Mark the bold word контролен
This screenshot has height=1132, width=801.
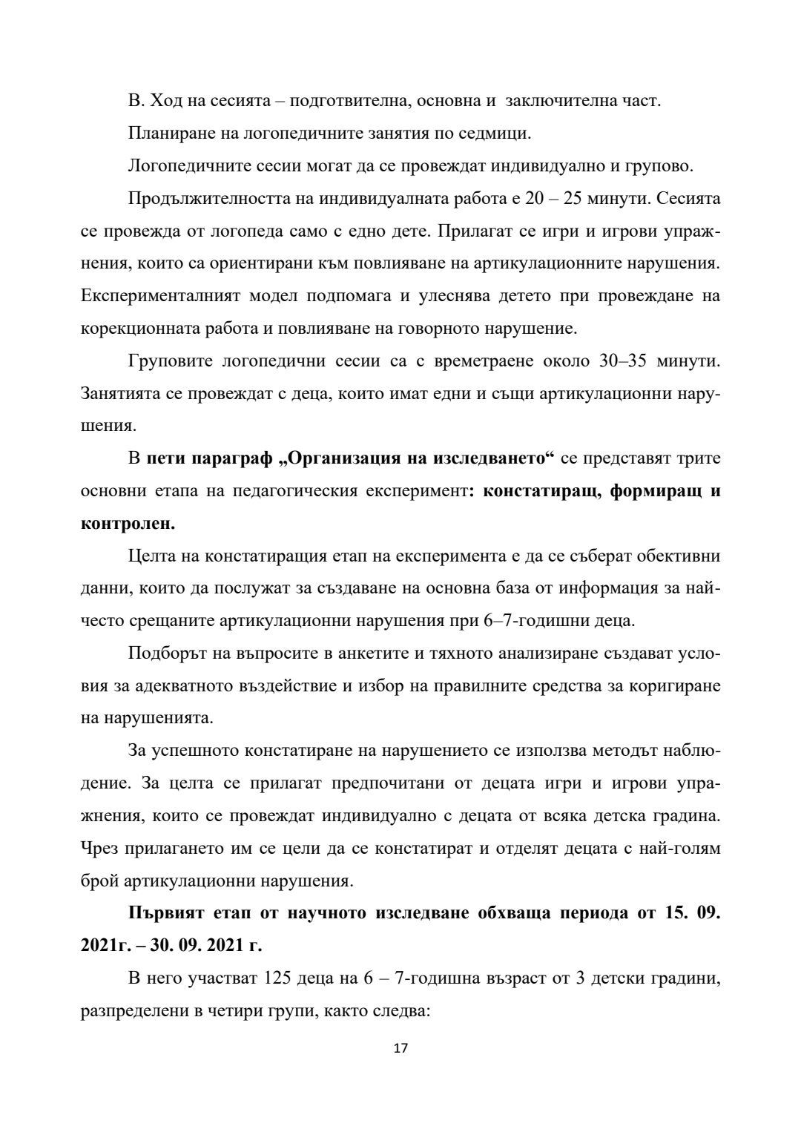pos(127,524)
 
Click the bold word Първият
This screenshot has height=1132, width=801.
pos(167,913)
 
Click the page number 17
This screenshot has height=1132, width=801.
pos(400,1048)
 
